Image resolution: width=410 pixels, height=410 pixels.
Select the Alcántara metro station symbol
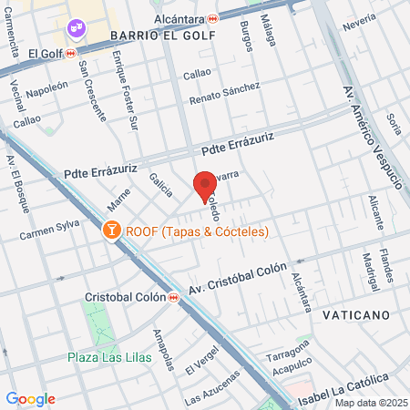click(212, 17)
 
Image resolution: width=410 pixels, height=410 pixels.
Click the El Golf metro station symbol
click(71, 53)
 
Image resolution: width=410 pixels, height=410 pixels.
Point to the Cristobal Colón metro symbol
click(173, 297)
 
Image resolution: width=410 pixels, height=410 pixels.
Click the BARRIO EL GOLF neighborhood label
click(162, 36)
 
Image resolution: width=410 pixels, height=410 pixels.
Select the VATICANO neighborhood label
click(355, 314)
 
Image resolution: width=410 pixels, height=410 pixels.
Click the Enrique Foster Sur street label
click(122, 91)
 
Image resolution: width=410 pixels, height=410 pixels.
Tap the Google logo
click(31, 398)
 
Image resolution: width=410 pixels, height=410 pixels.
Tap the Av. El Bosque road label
click(17, 187)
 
